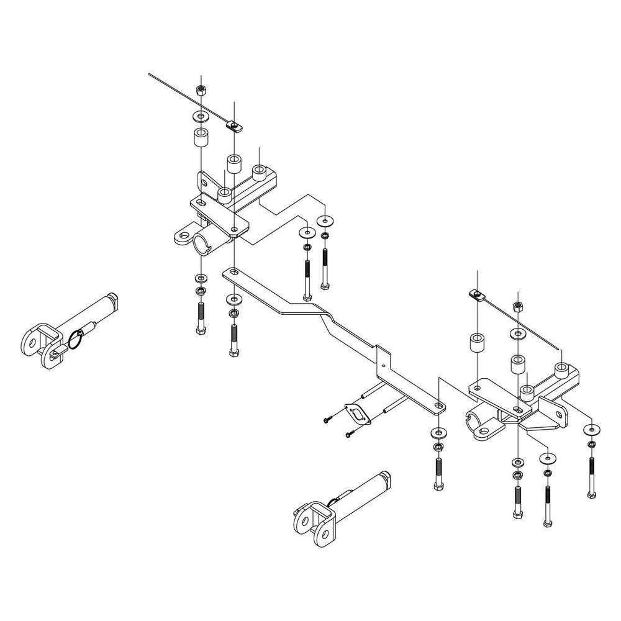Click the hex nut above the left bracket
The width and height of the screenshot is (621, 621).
pos(201,89)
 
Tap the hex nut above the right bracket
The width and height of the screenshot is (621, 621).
pos(518,306)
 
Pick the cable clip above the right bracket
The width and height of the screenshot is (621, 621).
pos(477,295)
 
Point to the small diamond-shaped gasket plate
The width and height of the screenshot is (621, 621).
pos(357,415)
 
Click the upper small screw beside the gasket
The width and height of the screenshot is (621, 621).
pos(327,420)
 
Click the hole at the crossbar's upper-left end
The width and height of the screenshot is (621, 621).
pos(232,272)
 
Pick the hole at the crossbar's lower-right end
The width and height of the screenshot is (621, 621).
pos(439,406)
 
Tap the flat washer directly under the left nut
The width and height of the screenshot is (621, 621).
pos(201,116)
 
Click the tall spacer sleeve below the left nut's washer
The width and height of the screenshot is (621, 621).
pos(200,137)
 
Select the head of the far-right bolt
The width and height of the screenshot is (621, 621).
pos(591,495)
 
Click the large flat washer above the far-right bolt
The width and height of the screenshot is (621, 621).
pos(591,428)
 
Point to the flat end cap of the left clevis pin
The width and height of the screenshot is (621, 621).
pos(114,301)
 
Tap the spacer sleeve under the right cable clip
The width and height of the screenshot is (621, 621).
pos(476,343)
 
